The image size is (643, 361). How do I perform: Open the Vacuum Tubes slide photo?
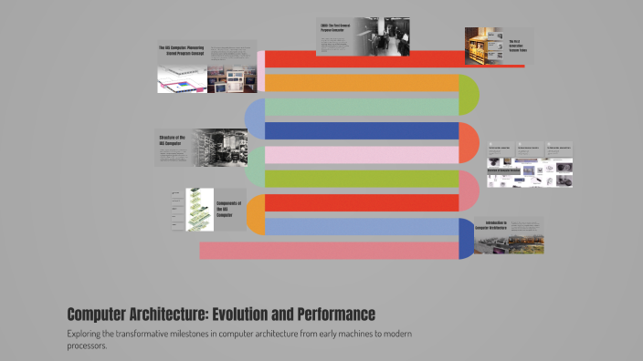coord(482,46)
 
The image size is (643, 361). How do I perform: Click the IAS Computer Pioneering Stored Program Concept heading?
coord(183,50)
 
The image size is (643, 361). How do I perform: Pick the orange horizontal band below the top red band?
coord(361,83)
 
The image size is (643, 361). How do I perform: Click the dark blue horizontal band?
coord(361,130)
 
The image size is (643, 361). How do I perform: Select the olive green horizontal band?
coord(361,179)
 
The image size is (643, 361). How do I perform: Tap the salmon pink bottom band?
coord(329,250)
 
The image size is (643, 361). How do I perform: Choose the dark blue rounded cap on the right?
coord(467,239)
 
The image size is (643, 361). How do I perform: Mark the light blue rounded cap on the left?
coord(254,119)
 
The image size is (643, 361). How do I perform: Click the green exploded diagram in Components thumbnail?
coord(199,209)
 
